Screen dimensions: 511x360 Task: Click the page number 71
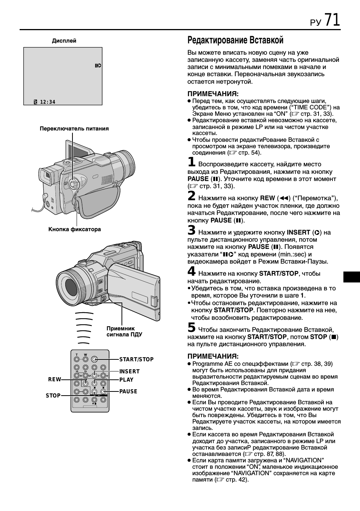332,20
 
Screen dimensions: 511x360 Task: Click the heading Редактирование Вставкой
235,40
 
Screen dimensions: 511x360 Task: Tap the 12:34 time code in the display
48,102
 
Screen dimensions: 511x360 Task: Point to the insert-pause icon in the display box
98,66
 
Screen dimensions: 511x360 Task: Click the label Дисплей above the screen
64,41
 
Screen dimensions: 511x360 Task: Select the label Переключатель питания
74,129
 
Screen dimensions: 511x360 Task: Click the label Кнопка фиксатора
75,229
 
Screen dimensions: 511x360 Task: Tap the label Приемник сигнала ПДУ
124,331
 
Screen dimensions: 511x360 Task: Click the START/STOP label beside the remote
136,359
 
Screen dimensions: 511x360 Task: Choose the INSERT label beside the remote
129,371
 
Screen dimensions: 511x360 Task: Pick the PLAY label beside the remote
126,380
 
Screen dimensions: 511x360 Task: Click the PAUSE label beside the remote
128,391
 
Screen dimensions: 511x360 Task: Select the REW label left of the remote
54,380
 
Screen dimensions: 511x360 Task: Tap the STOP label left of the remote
53,396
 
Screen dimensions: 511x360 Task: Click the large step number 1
192,162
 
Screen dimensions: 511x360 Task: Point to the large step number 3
192,230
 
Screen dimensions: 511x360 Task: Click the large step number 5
192,328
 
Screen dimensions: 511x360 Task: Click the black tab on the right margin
352,277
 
